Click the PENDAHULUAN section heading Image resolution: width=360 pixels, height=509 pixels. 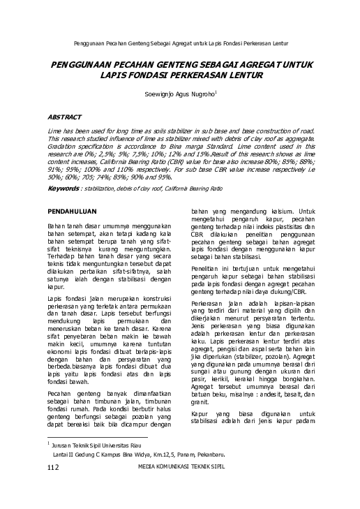75,210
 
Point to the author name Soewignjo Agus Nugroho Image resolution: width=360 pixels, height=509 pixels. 178,92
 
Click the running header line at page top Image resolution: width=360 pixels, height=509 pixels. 179,34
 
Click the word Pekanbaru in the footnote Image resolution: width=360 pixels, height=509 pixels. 232,454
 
